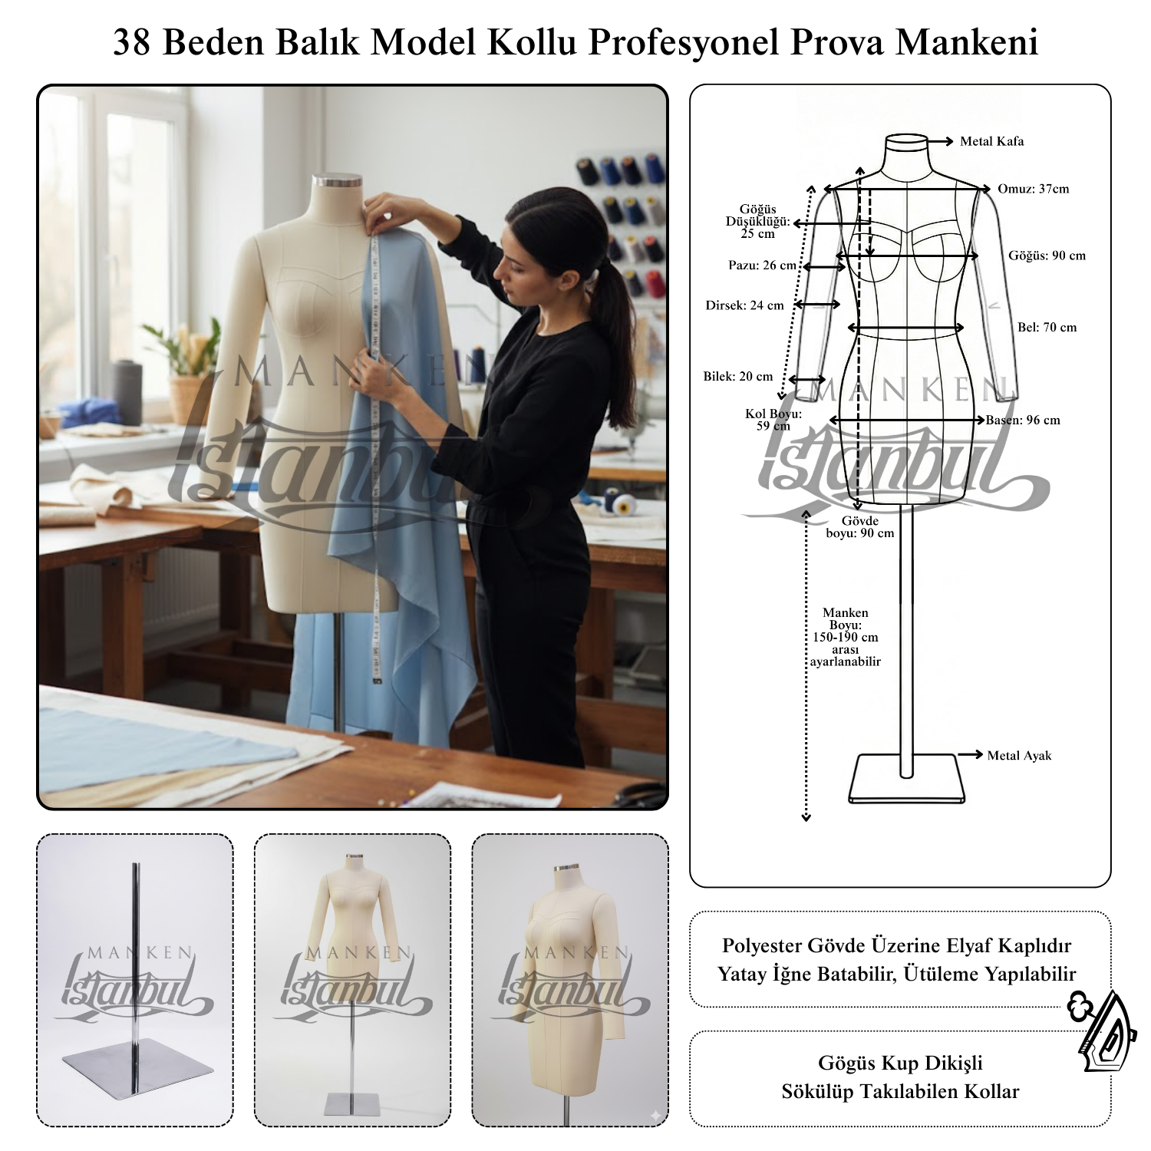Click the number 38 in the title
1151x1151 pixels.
click(133, 43)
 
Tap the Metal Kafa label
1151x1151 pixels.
click(991, 141)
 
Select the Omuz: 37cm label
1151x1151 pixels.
click(1033, 189)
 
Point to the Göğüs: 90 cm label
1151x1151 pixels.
click(1047, 256)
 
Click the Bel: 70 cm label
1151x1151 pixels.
click(1047, 328)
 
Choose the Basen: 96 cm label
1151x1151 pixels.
click(1023, 420)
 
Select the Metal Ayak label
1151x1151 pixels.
click(1019, 756)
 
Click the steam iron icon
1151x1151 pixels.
click(1103, 1032)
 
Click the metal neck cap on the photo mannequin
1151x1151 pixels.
click(337, 181)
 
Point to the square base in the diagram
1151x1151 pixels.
click(905, 779)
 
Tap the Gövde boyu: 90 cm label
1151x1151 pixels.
click(859, 527)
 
